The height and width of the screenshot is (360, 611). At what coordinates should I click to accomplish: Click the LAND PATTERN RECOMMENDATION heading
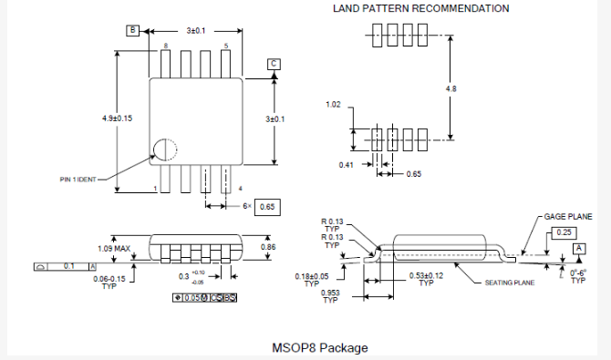420,8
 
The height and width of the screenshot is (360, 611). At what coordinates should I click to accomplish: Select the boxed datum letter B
132,30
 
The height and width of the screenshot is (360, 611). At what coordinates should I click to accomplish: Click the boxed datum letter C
273,63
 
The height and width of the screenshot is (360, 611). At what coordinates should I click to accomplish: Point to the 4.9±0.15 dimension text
117,118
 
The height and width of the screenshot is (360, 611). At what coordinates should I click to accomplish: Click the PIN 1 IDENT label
71,180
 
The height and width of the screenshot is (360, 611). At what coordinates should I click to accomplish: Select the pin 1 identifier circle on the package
165,150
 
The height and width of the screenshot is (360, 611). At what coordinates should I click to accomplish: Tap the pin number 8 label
165,45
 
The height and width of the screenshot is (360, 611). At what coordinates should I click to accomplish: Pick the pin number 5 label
226,45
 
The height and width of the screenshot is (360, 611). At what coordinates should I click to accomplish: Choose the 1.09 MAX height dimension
113,248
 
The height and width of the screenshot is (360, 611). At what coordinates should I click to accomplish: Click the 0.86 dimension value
268,247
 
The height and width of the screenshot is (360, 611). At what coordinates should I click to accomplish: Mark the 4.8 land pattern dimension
450,88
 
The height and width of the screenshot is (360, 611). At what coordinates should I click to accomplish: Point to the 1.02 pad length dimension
335,105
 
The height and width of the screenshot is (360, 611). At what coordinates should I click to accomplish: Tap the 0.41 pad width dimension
346,165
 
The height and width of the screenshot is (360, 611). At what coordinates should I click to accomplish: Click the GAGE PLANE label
568,218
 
